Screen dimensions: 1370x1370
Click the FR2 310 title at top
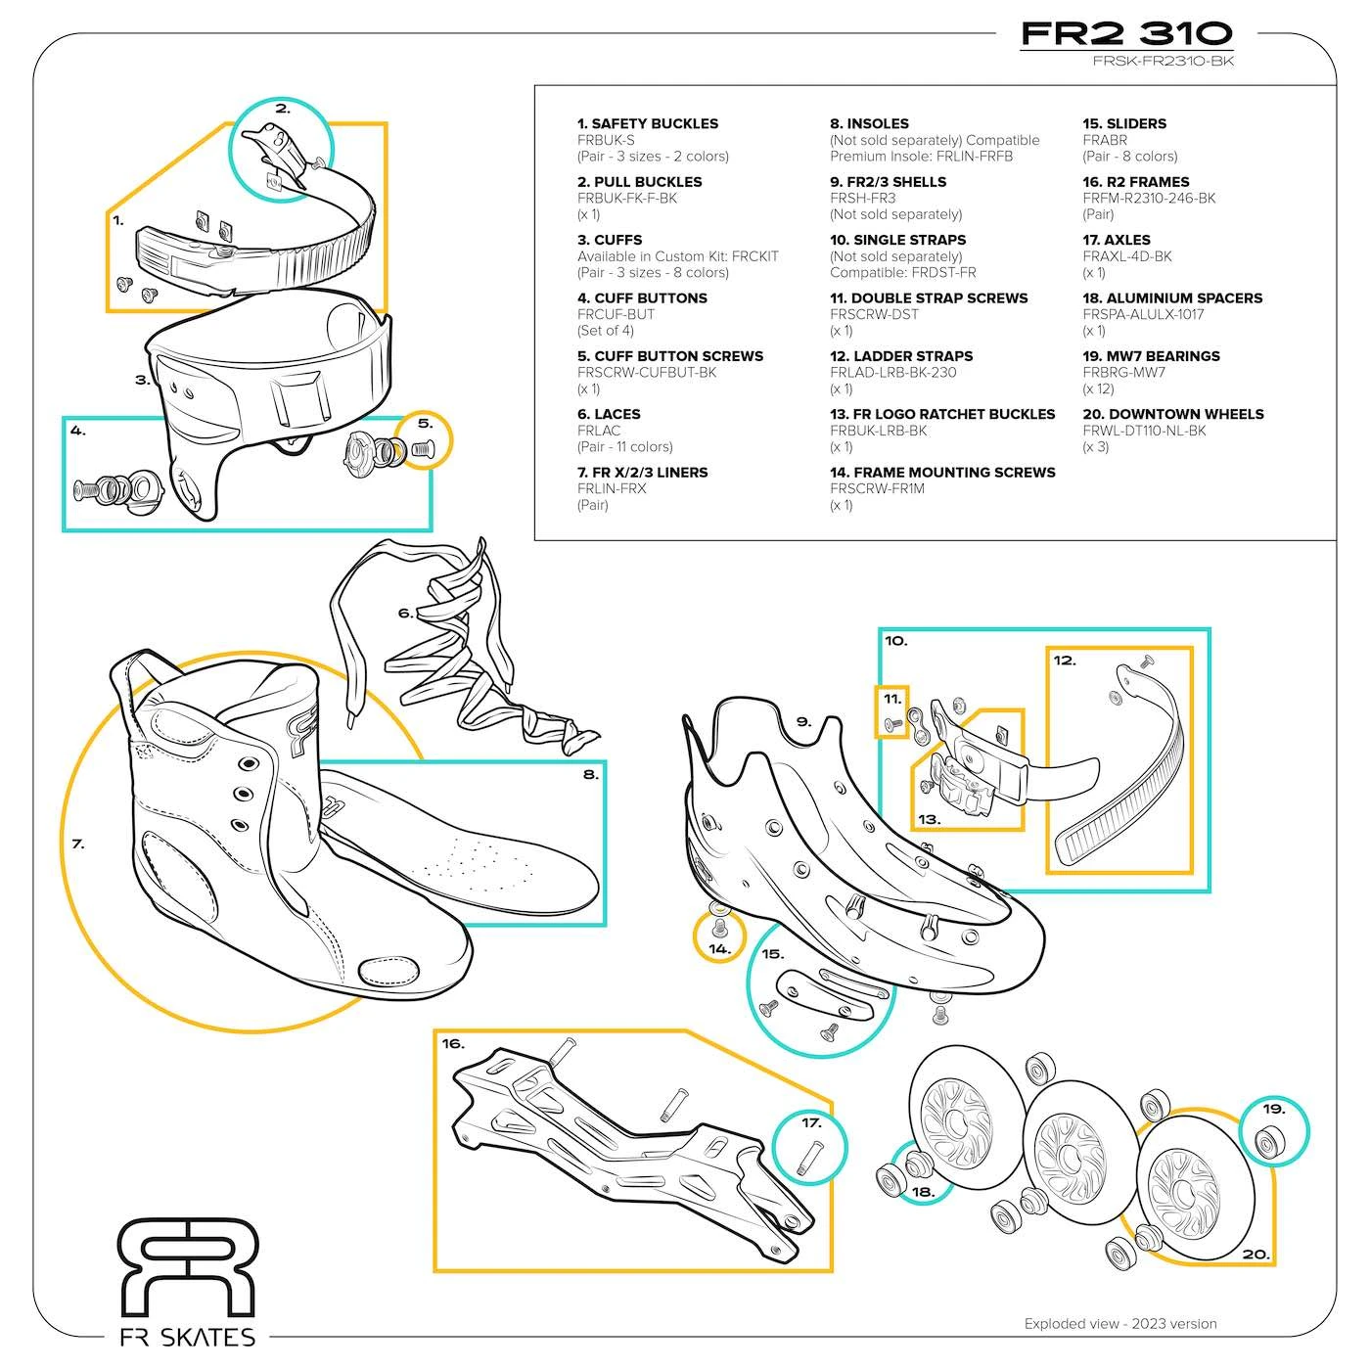[1126, 33]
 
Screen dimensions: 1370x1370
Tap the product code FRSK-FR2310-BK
[1164, 62]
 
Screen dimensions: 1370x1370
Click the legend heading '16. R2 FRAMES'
[1135, 182]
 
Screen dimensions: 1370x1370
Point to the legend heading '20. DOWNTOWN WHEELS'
[1172, 414]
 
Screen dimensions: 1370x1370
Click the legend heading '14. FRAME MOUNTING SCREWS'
[942, 473]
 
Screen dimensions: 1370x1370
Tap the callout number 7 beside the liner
[78, 844]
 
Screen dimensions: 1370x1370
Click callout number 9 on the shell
[803, 722]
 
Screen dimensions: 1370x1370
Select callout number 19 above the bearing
[1273, 1109]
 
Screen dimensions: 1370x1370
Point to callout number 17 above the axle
[811, 1122]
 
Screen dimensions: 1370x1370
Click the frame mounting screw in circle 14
[718, 925]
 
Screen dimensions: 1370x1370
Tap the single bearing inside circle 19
[1273, 1140]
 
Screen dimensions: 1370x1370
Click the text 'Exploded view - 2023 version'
[1120, 1324]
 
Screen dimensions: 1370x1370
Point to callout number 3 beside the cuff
[143, 380]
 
